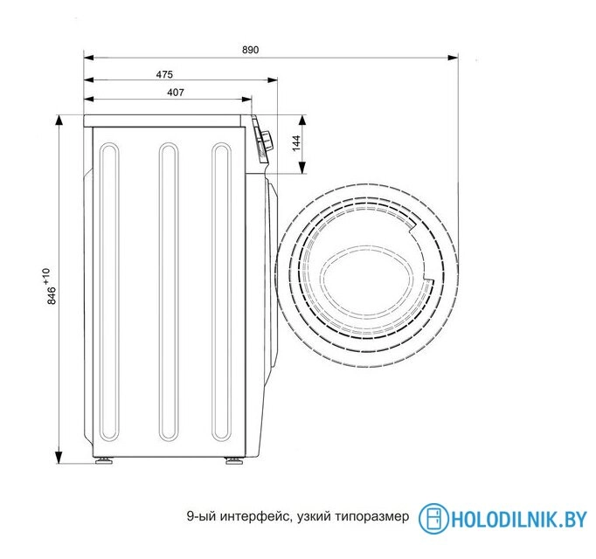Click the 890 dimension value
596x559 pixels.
tap(250, 50)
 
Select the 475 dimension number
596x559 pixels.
tap(164, 74)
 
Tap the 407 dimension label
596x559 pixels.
tap(176, 93)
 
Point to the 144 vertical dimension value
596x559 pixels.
tap(296, 143)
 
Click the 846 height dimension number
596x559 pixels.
tap(52, 295)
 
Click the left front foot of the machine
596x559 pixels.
tap(103, 460)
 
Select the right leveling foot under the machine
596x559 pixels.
tap(232, 460)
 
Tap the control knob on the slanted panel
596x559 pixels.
tap(267, 141)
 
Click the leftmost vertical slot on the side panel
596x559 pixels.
tap(110, 292)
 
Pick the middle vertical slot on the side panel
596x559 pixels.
tap(169, 292)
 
